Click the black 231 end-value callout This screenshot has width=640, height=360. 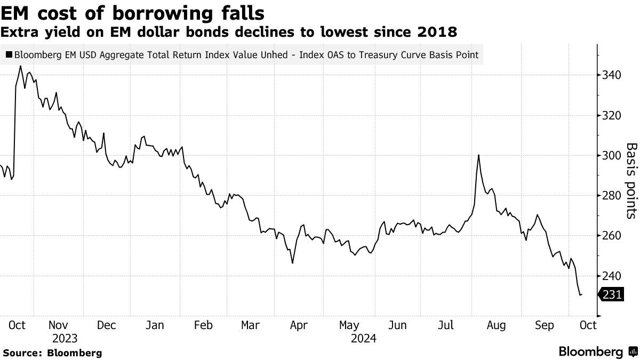pyautogui.click(x=611, y=294)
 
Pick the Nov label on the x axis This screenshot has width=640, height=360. pyautogui.click(x=58, y=325)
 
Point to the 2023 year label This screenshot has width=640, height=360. pyautogui.click(x=65, y=338)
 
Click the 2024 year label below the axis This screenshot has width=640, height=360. pyautogui.click(x=364, y=338)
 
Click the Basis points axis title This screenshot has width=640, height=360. pyautogui.click(x=631, y=180)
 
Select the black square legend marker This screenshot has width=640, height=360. pyautogui.click(x=9, y=54)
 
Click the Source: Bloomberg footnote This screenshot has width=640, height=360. pyautogui.click(x=52, y=353)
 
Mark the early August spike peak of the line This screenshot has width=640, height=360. pyautogui.click(x=479, y=155)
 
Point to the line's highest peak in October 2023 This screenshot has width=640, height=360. pyautogui.click(x=20, y=66)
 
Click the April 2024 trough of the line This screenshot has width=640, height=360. pyautogui.click(x=292, y=262)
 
